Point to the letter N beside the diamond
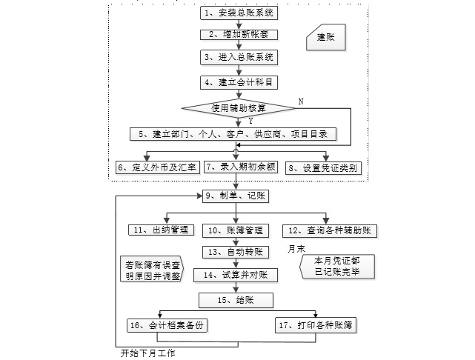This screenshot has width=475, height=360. click(300, 99)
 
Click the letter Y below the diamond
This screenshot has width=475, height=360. click(251, 120)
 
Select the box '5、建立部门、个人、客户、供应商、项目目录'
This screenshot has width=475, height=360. click(234, 134)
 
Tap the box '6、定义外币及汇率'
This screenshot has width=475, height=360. click(158, 168)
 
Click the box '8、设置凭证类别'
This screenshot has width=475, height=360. click(323, 168)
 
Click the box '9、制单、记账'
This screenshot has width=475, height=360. click(236, 196)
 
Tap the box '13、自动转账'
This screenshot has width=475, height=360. click(236, 253)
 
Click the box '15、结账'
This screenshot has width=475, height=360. click(236, 300)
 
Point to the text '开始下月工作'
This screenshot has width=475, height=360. click(149, 353)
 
